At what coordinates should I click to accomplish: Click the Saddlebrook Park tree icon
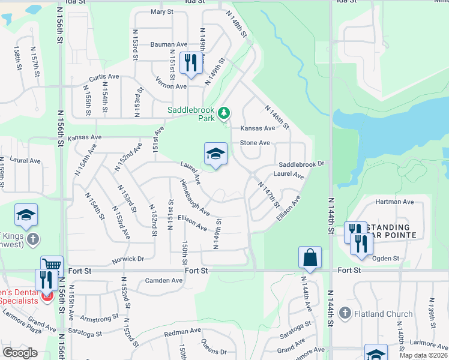(x=224, y=112)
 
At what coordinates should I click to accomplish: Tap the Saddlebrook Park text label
(x=191, y=114)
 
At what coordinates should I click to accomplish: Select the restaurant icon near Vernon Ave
(x=191, y=64)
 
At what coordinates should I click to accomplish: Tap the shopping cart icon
(x=52, y=266)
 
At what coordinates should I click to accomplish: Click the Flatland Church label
(x=383, y=313)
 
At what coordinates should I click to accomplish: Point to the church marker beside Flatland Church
(x=345, y=313)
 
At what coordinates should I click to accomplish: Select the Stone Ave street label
(x=255, y=143)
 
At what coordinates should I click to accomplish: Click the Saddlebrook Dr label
(x=301, y=163)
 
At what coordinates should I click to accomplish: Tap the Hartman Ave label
(x=394, y=202)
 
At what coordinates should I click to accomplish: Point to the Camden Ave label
(x=164, y=280)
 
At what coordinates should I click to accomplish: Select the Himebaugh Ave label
(x=194, y=197)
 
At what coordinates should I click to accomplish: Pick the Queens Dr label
(x=214, y=351)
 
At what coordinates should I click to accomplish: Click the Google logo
(x=20, y=353)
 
